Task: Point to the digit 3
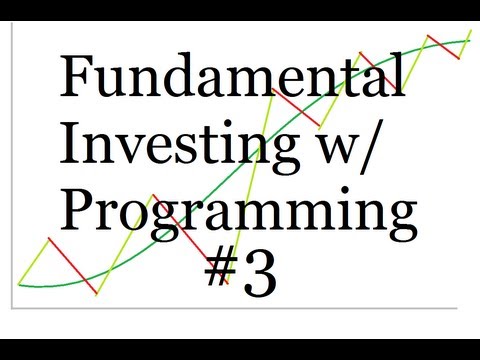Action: point(257,269)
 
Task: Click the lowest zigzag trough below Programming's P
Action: point(96,294)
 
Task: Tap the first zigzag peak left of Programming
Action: point(48,239)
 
